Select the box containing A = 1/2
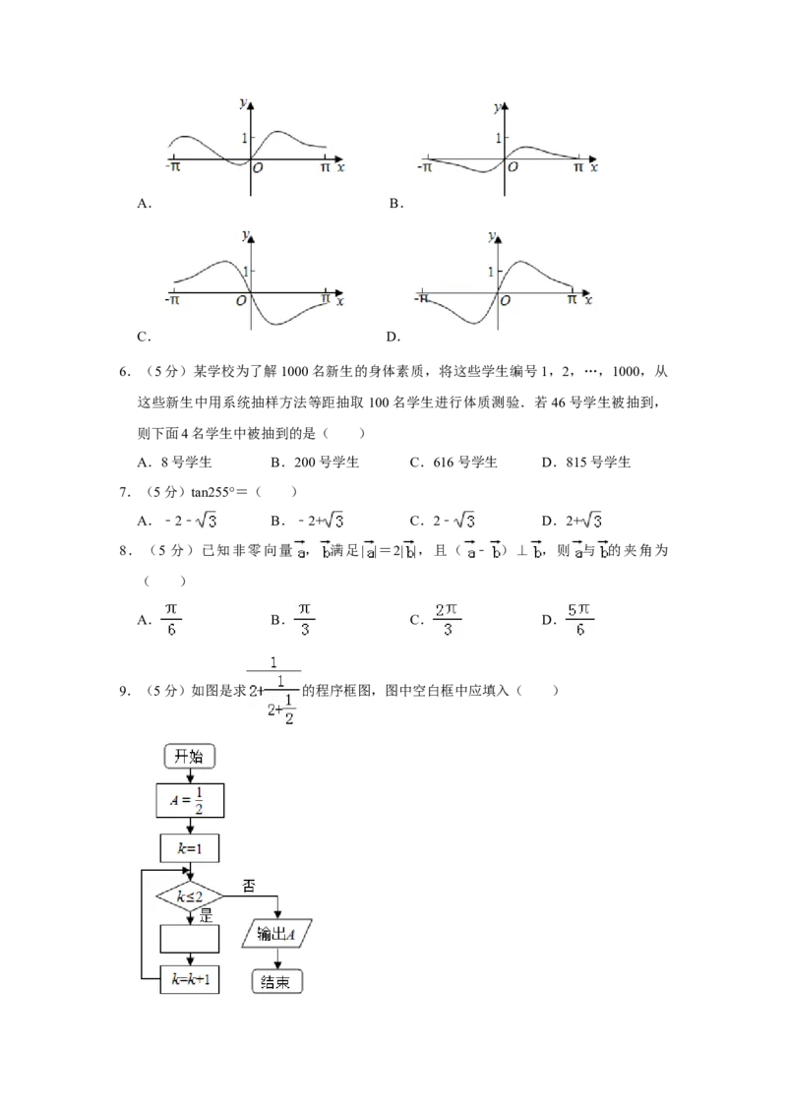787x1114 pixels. click(190, 801)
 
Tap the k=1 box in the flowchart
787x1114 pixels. click(190, 847)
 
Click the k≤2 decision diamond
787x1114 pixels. click(190, 896)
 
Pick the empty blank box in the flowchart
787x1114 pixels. click(190, 939)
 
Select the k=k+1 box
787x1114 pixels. click(190, 979)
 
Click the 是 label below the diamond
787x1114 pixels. click(207, 915)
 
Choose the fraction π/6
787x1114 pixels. click(172, 618)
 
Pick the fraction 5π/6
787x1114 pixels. click(579, 618)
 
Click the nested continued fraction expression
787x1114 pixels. click(276, 688)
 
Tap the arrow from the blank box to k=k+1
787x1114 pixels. click(190, 959)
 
